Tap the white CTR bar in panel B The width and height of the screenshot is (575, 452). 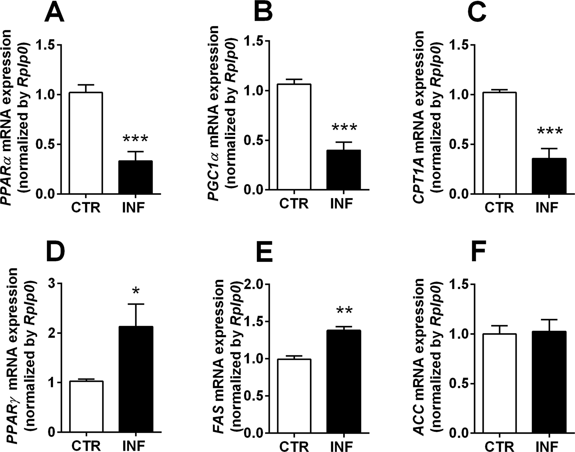[x=294, y=137]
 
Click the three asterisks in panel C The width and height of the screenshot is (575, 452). [x=550, y=132]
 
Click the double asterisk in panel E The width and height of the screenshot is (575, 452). [x=344, y=311]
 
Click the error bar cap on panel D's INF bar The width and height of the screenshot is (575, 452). [x=136, y=304]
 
